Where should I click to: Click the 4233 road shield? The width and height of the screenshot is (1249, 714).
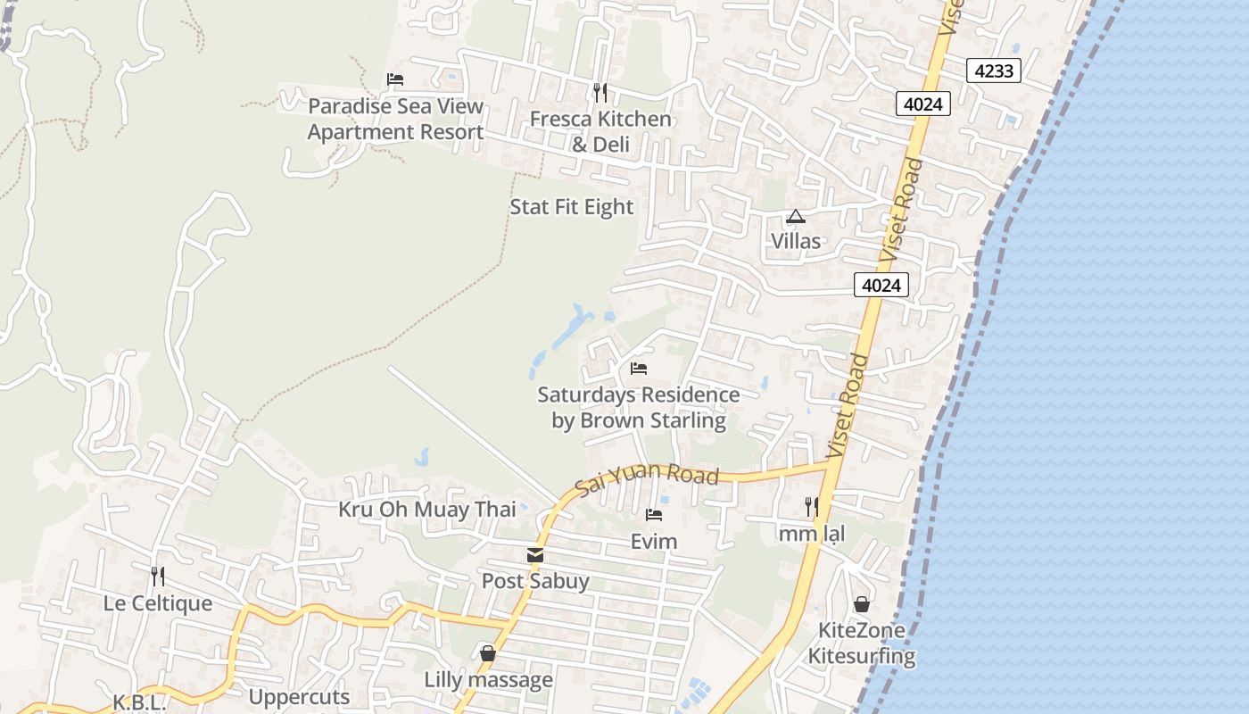coord(994,71)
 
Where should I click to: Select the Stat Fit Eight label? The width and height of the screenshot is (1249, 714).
coord(571,207)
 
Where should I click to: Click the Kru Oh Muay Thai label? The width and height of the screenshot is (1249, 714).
coord(426,510)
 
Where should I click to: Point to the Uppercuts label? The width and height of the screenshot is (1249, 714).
coord(299,696)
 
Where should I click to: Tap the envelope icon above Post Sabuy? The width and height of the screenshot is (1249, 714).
coord(535,555)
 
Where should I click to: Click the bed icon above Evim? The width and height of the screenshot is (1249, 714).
coord(654,515)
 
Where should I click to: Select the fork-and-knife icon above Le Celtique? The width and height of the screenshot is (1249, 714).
coord(158,576)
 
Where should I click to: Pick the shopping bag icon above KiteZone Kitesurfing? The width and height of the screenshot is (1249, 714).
coord(861,604)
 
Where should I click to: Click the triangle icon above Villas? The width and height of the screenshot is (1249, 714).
coord(795,216)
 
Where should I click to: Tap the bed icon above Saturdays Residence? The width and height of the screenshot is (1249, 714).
coord(638,368)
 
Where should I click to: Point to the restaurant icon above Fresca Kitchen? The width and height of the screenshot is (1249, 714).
coord(600,92)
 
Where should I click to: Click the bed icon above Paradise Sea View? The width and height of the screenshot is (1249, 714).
coord(395,79)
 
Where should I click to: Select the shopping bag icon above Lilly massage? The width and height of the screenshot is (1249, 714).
coord(487,653)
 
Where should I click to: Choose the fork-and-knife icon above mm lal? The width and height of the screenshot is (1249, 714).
coord(811,507)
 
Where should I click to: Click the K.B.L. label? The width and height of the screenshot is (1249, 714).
coord(139,702)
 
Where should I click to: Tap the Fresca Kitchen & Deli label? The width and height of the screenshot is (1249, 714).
coord(600,131)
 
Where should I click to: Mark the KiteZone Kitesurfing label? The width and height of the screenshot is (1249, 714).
coord(862,643)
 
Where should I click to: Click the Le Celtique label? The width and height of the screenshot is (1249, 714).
coord(158,603)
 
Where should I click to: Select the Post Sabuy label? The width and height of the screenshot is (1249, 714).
coord(535,581)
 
